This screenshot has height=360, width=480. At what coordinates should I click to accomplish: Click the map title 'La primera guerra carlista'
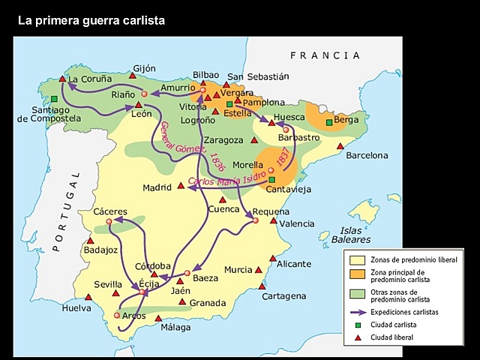point(91,20)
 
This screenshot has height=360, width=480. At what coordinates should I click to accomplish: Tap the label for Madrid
point(157,187)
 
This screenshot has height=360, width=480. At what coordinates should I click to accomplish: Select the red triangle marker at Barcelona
point(340,146)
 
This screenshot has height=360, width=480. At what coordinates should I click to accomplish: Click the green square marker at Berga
point(329,122)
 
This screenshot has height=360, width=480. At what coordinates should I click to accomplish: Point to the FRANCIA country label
point(325,55)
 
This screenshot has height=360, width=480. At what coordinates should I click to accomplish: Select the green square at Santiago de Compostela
point(55,98)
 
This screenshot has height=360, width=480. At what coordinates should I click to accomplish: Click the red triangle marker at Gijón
point(133,75)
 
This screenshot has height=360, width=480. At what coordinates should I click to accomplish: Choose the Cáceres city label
point(110,211)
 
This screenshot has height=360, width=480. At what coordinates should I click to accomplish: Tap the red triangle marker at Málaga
point(158,318)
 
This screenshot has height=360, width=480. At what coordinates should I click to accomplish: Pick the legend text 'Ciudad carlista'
point(396,325)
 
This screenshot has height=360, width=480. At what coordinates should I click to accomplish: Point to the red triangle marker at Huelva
point(88,297)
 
